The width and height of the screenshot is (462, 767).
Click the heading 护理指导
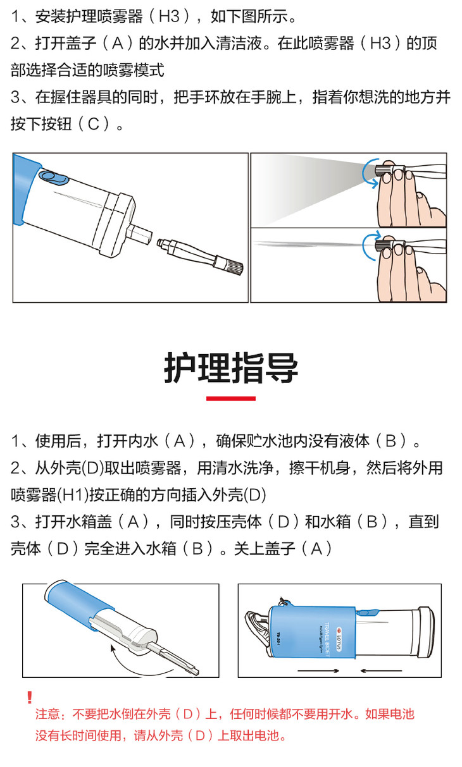pyautogui.click(x=231, y=368)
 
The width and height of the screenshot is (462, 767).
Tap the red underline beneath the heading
pyautogui.click(x=231, y=398)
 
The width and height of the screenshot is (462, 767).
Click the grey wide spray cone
pyautogui.click(x=308, y=188)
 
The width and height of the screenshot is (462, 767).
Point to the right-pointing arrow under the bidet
pyautogui.click(x=318, y=671)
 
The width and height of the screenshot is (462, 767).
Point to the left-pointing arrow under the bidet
pyautogui.click(x=381, y=671)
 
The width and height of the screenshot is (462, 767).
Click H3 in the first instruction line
pyautogui.click(x=170, y=16)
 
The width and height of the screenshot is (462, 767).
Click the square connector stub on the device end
pyautogui.click(x=139, y=233)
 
